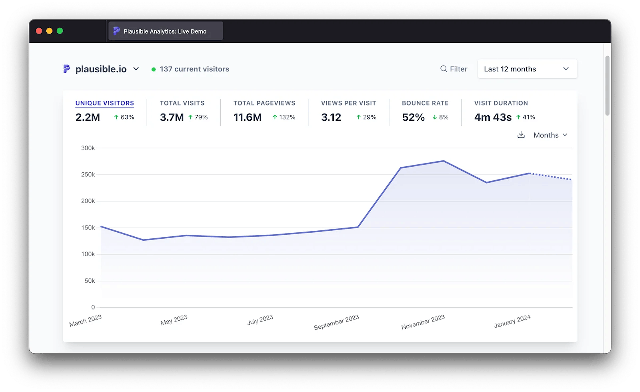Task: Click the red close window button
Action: click(39, 31)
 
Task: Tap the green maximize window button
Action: click(60, 31)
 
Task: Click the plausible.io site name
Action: click(101, 69)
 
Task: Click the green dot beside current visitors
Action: click(153, 69)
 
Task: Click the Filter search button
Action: click(454, 69)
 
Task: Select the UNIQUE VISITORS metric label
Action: click(105, 103)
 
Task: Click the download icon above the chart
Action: click(521, 135)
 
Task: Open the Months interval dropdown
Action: click(550, 135)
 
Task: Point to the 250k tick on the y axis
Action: click(88, 174)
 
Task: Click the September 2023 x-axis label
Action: click(336, 322)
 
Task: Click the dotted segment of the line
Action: click(551, 177)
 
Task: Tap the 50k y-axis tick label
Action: click(90, 281)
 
